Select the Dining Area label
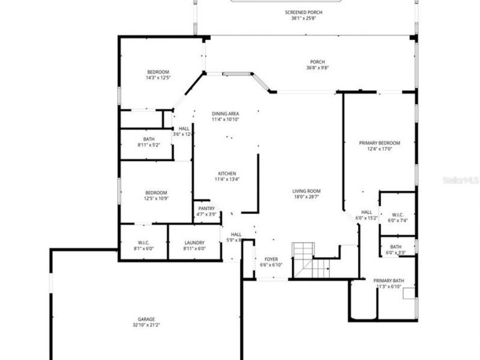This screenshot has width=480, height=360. (x=225, y=114)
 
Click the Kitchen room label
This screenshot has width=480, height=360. (x=227, y=174)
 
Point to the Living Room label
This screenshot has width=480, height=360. (x=306, y=191)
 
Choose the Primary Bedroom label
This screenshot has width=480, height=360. (x=379, y=143)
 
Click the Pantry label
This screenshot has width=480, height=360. (x=206, y=209)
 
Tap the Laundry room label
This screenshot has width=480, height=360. (x=194, y=243)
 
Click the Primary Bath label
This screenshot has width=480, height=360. (x=388, y=281)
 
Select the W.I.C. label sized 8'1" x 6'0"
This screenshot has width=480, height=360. (x=143, y=243)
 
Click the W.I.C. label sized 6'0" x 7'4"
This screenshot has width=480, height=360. (x=397, y=214)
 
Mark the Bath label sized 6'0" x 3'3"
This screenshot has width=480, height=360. (x=396, y=246)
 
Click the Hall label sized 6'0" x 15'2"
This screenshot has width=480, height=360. (x=366, y=212)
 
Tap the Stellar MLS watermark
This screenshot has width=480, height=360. (x=461, y=181)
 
